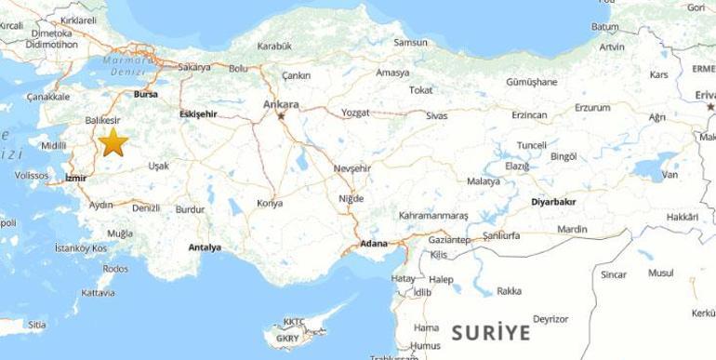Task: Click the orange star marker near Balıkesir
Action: [x=113, y=142]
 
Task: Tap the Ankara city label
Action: [x=281, y=103]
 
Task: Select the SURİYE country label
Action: [x=490, y=332]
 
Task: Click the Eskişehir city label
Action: [x=200, y=114]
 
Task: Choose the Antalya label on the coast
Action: [x=205, y=247]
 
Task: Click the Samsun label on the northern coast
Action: [x=410, y=43]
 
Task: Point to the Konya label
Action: [x=270, y=203]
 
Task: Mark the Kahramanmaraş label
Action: [x=433, y=216]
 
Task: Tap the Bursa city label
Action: [x=146, y=95]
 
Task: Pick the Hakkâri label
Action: [x=682, y=217]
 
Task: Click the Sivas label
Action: [x=436, y=115]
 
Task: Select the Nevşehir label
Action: [x=352, y=169]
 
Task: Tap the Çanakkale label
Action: [x=49, y=97]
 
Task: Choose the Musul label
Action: [x=660, y=273]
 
